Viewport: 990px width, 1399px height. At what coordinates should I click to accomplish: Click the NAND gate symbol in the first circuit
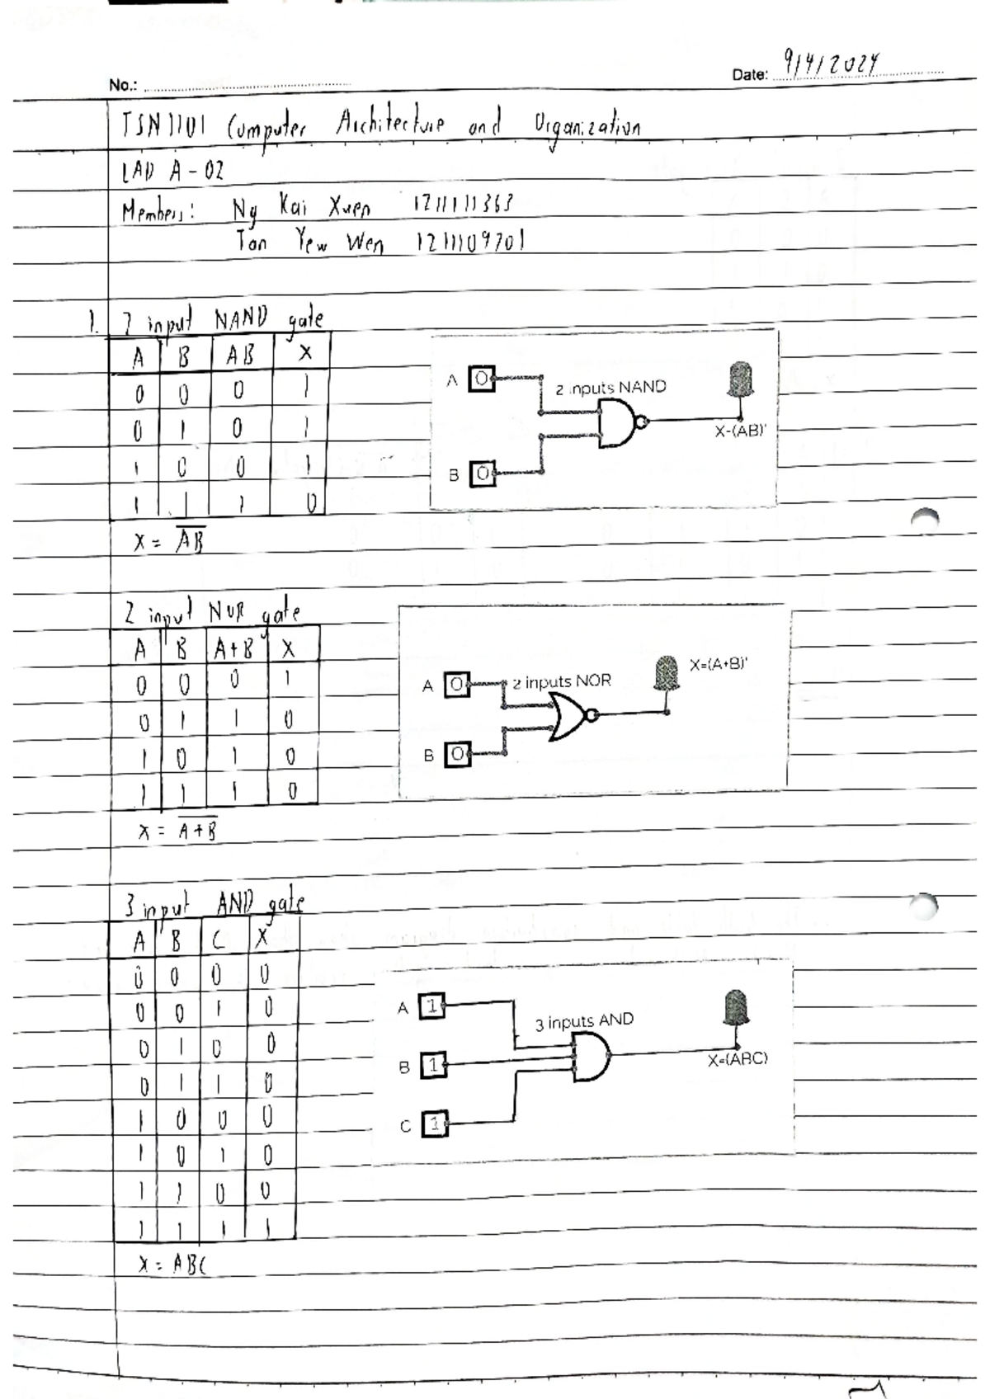620,424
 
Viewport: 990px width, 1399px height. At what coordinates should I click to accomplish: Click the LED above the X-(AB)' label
740,381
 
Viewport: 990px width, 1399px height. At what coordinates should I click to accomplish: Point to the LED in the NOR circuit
666,673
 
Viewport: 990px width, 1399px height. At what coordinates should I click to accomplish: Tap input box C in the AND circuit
434,1123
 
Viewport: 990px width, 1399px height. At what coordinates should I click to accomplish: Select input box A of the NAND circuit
482,380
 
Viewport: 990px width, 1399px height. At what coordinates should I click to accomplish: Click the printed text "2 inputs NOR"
562,682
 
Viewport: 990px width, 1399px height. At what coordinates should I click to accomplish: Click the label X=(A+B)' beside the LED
719,664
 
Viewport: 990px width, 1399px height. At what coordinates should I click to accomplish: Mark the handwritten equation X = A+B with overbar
178,831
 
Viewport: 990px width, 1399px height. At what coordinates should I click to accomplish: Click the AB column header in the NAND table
240,356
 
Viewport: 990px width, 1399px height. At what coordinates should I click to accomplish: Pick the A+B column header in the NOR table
234,649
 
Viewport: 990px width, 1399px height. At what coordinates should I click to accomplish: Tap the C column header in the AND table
218,940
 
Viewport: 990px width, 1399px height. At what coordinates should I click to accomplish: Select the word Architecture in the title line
390,125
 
